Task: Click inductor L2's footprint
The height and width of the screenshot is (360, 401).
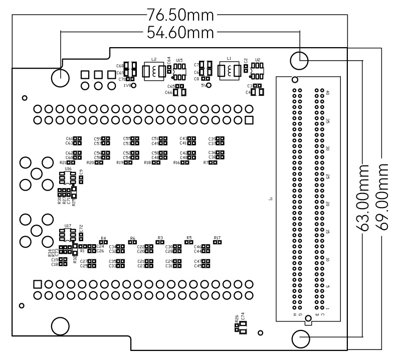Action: click(154, 72)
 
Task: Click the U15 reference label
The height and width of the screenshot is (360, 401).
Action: click(179, 60)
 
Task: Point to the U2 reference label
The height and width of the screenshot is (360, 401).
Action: click(258, 59)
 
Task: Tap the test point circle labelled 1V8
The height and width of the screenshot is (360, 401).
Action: click(134, 86)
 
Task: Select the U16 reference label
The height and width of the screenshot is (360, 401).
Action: click(68, 169)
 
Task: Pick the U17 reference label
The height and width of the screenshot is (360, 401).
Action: click(68, 226)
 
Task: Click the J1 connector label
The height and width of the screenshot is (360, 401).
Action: click(271, 199)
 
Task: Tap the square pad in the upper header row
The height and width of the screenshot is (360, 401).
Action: click(249, 120)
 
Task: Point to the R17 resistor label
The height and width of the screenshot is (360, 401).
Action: click(217, 237)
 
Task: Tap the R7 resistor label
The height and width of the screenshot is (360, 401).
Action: click(206, 162)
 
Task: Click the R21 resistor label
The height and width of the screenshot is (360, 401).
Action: click(63, 162)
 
